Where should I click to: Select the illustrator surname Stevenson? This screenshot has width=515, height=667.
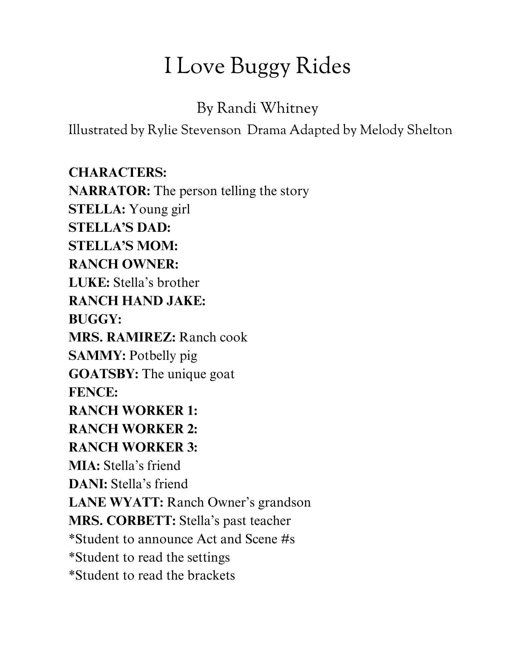(211, 130)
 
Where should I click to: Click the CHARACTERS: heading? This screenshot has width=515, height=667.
(117, 172)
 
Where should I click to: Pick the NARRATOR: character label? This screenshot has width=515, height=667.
(110, 191)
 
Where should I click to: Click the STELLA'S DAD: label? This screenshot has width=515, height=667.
(120, 227)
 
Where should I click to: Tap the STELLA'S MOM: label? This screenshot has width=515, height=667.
(123, 246)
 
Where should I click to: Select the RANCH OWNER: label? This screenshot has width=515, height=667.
(124, 264)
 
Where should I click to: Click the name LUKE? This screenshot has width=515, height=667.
(89, 282)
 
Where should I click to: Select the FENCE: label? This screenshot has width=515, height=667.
(93, 392)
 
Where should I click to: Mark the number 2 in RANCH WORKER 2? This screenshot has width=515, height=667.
(191, 429)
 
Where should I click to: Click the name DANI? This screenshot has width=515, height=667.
(88, 484)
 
